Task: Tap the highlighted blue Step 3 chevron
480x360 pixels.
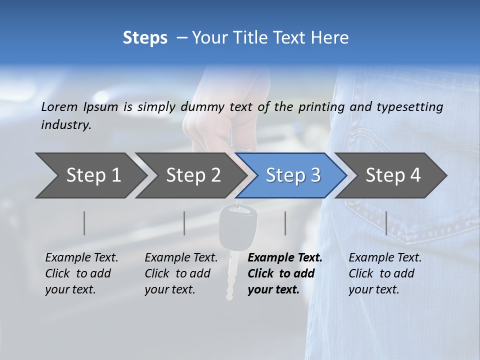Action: pos(292,175)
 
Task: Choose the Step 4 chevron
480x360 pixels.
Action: pos(392,175)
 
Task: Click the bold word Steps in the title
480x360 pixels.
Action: pos(145,37)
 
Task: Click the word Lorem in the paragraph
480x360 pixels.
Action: pos(59,106)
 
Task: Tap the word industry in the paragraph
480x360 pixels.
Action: pos(66,125)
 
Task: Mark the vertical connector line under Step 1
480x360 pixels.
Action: pos(84,223)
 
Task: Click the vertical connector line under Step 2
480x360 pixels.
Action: pos(184,223)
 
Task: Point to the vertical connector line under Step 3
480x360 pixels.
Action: pos(285,223)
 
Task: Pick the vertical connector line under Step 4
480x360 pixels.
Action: pos(386,223)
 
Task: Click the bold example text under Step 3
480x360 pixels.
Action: pos(284,273)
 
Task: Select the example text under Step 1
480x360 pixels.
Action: pos(81,273)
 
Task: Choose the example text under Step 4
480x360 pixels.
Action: pos(385,273)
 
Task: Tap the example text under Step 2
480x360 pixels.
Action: pos(181,273)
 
